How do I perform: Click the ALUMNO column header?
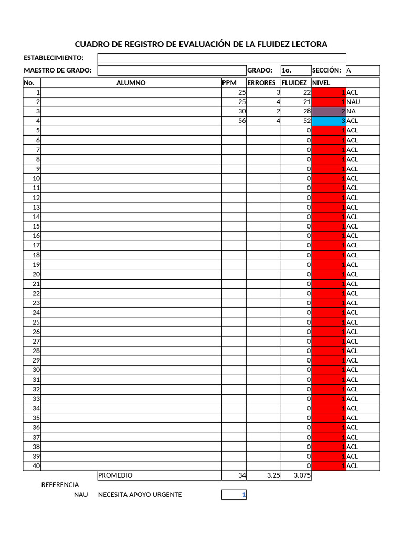pyautogui.click(x=131, y=82)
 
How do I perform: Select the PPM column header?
pyautogui.click(x=229, y=82)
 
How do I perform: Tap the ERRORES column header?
pyautogui.click(x=261, y=82)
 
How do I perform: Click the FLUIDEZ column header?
pyautogui.click(x=294, y=82)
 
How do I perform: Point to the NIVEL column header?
pyautogui.click(x=321, y=82)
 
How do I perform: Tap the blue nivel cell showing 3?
pyautogui.click(x=328, y=121)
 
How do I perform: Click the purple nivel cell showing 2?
pyautogui.click(x=328, y=111)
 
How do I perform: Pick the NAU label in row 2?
pyautogui.click(x=354, y=102)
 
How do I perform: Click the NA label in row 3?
pyautogui.click(x=352, y=111)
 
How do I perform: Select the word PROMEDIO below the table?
pyautogui.click(x=115, y=475)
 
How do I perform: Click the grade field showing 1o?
pyautogui.click(x=295, y=70)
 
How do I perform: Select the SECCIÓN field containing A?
pyautogui.click(x=363, y=70)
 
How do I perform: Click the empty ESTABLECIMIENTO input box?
pyautogui.click(x=221, y=58)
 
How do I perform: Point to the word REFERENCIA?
pyautogui.click(x=60, y=485)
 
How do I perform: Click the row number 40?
pyautogui.click(x=36, y=465)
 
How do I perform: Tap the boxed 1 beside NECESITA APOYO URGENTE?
pyautogui.click(x=234, y=495)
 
